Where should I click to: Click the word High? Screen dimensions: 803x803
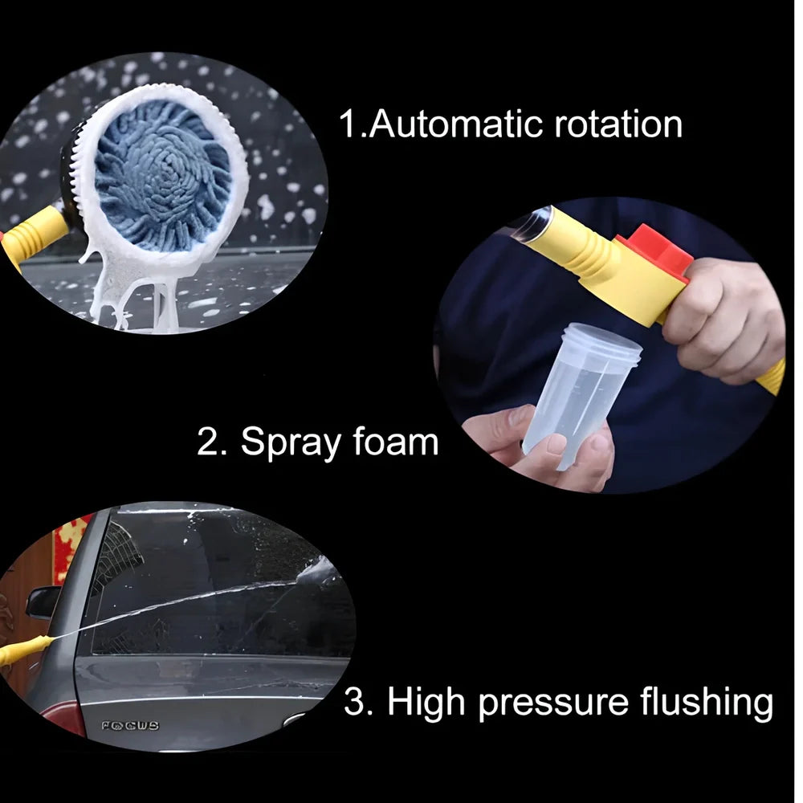425,702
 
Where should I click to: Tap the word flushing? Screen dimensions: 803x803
707,702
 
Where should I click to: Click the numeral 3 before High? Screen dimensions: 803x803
354,703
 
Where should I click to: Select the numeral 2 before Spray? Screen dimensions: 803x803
210,442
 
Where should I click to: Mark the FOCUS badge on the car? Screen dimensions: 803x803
130,725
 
